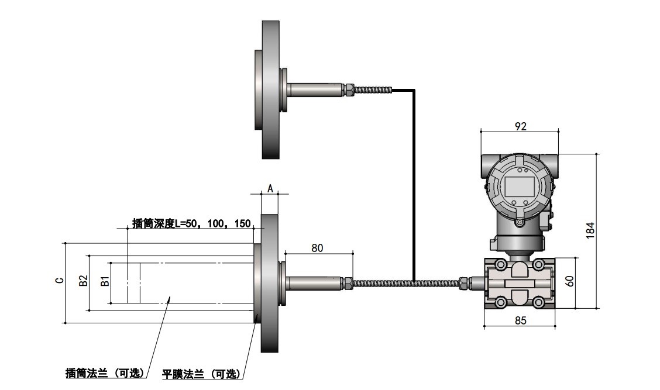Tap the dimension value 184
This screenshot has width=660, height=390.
[590, 231]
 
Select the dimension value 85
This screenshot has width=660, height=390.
[520, 320]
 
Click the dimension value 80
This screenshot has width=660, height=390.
[317, 248]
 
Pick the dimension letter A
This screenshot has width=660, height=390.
[270, 188]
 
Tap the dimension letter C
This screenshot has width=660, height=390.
[59, 281]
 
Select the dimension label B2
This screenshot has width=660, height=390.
[83, 281]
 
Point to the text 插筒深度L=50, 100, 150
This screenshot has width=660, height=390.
[192, 223]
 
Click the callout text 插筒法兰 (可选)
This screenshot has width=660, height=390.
[105, 373]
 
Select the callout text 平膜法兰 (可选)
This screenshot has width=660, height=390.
[201, 374]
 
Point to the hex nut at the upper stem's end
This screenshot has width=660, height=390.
[348, 89]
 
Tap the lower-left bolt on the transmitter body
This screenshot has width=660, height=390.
[501, 303]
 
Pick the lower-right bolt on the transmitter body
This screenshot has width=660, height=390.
[539, 303]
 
